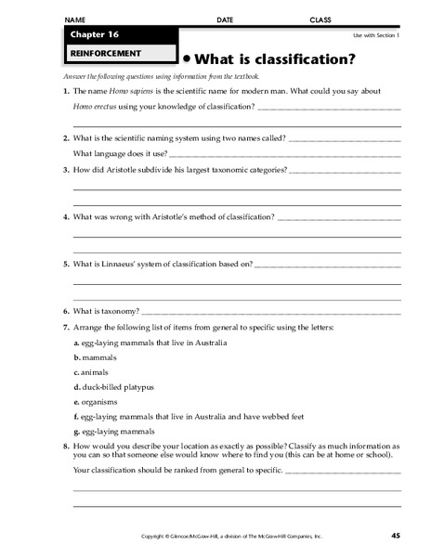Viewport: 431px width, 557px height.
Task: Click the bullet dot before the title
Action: point(186,58)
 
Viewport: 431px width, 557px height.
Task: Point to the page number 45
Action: point(395,536)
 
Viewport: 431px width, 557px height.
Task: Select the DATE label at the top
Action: point(225,19)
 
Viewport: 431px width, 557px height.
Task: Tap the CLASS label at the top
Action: point(320,19)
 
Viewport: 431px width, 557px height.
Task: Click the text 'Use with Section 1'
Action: point(375,34)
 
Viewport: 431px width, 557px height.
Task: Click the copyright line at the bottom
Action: point(230,537)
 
